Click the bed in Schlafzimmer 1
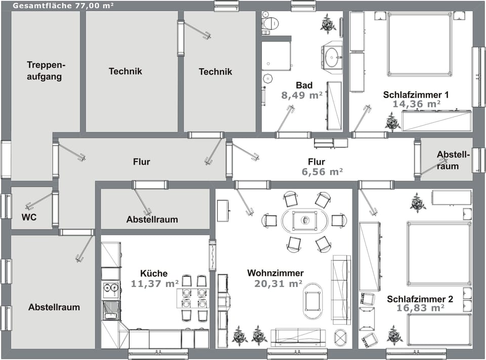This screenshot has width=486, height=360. coord(420,44)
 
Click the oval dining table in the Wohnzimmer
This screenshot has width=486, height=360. coord(305,221)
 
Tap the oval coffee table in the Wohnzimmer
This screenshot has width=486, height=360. coord(313,300)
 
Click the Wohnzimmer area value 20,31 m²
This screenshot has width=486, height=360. coord(278,284)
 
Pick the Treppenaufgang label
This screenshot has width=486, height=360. coord(45,71)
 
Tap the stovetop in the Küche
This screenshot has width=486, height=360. coord(110,290)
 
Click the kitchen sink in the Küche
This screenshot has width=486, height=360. coord(110,310)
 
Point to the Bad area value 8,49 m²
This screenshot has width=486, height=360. coord(302,95)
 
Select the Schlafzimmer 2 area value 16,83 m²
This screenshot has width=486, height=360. coord(420,308)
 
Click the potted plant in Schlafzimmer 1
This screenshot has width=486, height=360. coord(392,122)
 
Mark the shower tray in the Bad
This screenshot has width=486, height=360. coord(276,56)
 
